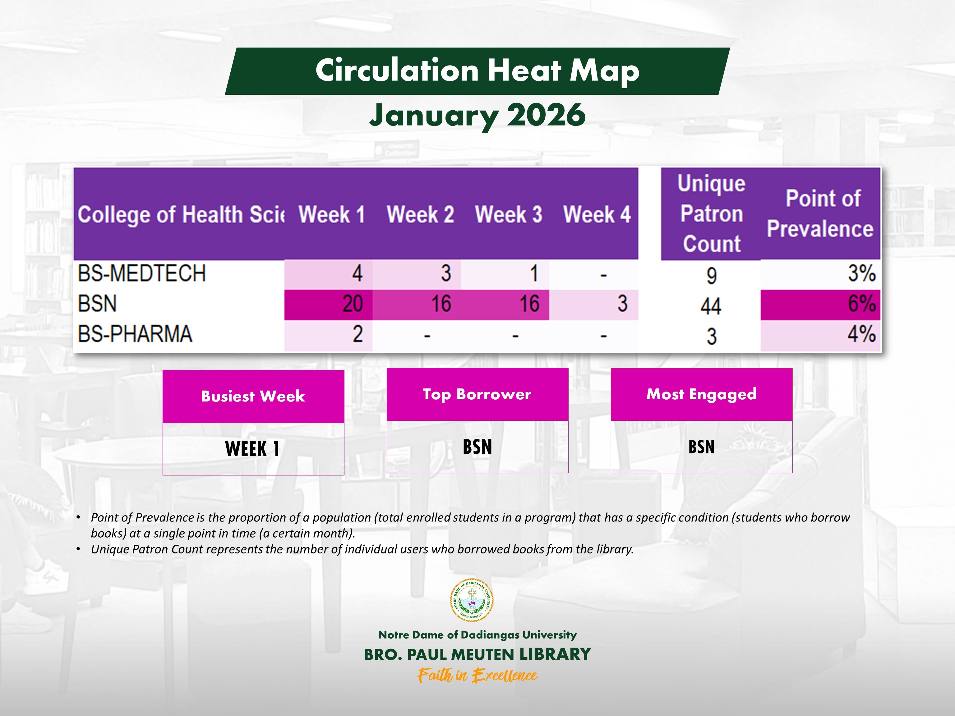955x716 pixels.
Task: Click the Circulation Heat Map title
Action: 477,70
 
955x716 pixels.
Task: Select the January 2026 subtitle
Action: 477,115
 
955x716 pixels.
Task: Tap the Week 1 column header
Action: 331,214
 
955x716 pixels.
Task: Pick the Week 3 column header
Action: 508,214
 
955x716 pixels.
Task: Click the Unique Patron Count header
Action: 711,213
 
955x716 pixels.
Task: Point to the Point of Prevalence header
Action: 820,213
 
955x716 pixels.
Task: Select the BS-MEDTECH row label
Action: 142,273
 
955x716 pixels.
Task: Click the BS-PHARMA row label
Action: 135,334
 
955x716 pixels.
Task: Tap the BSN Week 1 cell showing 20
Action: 352,304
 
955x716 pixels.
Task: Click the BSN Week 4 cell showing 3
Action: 622,304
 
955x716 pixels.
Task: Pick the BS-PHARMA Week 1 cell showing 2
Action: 358,334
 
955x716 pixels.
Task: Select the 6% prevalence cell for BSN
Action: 861,304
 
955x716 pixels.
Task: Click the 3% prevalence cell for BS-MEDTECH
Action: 861,273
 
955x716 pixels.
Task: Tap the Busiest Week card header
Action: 253,396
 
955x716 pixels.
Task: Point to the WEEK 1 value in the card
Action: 252,449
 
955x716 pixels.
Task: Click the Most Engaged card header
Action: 701,394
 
